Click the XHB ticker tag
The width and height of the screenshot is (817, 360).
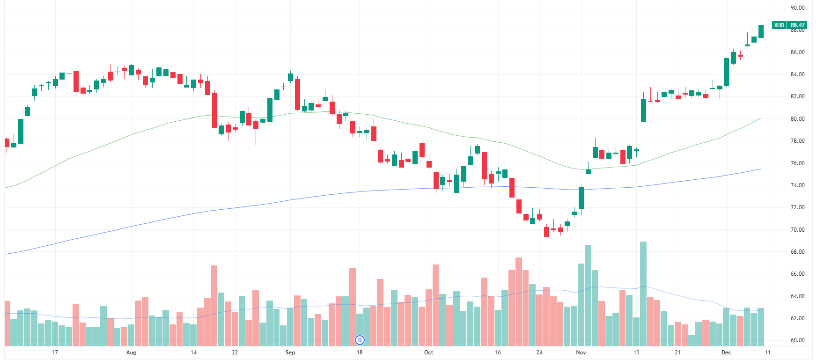779,25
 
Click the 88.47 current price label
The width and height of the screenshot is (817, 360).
798,25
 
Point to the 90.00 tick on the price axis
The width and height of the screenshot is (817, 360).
797,8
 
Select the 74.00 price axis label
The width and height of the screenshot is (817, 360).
797,185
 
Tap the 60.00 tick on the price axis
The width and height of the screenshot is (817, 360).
797,340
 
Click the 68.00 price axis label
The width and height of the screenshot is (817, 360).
797,252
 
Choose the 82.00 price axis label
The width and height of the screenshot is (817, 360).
797,96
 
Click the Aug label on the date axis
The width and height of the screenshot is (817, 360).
131,353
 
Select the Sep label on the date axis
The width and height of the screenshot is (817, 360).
290,353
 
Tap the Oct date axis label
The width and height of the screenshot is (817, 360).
428,353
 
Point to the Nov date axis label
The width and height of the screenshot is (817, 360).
581,353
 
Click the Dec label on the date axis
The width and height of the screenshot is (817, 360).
726,353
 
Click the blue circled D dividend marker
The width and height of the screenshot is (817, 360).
360,340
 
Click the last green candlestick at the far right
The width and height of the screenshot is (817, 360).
761,31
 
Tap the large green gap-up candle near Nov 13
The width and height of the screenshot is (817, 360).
643,110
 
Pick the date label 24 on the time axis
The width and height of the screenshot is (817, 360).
539,353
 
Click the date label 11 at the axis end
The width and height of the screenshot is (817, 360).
767,353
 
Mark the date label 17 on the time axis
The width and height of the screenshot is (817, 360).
55,353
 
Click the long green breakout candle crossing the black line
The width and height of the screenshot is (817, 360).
726,72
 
